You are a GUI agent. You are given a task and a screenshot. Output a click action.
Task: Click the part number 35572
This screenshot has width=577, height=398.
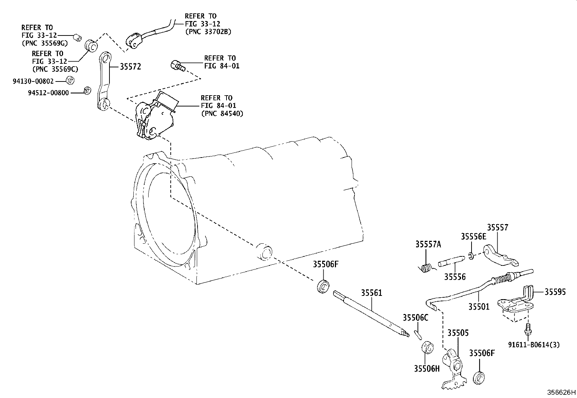tap(130, 67)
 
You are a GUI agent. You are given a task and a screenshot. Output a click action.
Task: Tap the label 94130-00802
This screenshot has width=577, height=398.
tap(33, 81)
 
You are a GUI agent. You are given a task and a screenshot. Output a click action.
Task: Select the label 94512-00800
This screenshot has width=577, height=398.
tap(49, 93)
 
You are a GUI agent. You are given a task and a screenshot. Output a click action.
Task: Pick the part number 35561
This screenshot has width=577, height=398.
tap(371, 293)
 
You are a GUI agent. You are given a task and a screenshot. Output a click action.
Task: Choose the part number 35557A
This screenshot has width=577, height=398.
tap(428, 244)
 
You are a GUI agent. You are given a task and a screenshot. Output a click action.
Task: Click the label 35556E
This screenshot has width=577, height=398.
tap(473, 236)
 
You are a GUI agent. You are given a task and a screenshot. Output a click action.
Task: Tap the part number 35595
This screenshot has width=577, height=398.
tap(555, 292)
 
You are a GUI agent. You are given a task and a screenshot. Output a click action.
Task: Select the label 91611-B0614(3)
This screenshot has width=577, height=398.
tap(534, 345)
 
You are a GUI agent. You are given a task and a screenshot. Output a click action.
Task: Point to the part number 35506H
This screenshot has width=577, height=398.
tap(427, 369)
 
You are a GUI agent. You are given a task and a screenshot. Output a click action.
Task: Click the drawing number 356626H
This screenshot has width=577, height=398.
tap(561, 392)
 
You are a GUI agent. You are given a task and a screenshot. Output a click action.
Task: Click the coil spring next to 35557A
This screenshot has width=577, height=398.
tap(427, 268)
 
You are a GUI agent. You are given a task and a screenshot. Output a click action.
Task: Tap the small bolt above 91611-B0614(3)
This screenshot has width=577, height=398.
tap(528, 329)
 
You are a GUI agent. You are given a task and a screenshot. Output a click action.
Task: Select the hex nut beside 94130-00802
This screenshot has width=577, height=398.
tap(70, 80)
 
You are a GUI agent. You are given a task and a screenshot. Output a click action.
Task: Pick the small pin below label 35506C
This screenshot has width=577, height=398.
tap(418, 335)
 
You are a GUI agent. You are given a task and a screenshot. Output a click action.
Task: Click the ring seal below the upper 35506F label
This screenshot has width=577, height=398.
tap(323, 286)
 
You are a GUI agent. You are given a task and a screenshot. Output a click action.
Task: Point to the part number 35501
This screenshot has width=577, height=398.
tap(479, 307)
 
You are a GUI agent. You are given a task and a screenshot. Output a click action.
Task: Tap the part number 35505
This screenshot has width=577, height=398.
tap(458, 333)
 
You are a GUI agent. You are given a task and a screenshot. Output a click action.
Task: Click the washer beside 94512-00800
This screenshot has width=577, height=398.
tap(88, 91)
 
